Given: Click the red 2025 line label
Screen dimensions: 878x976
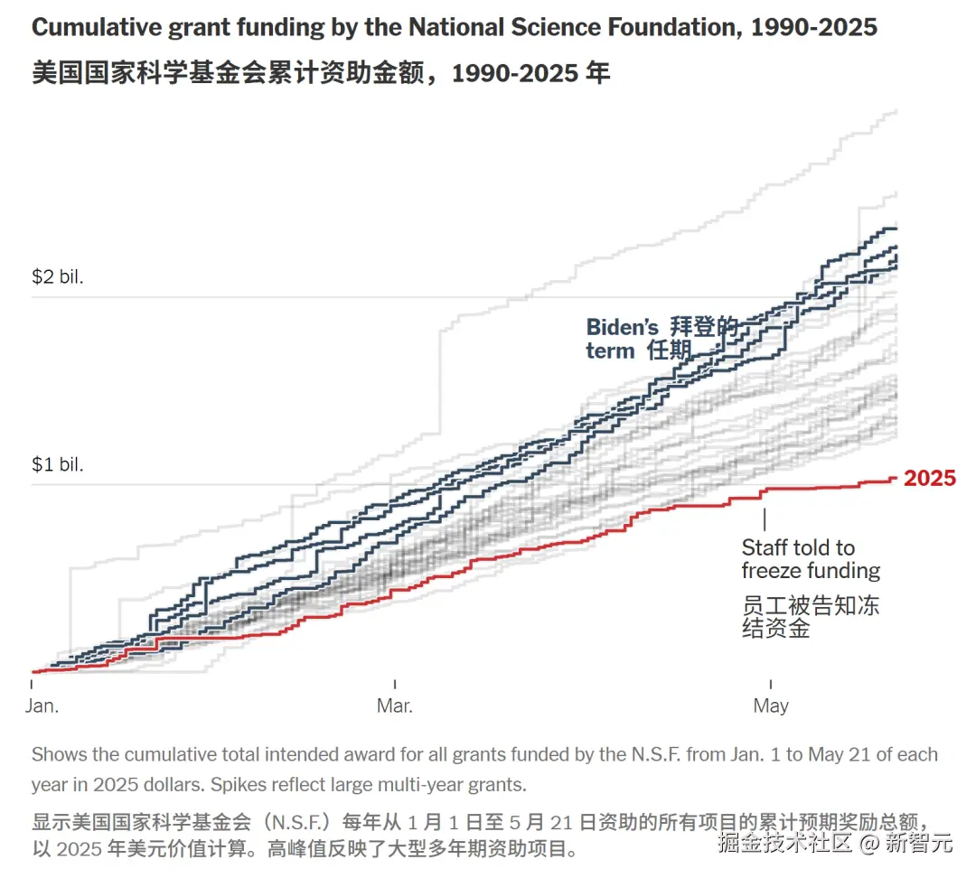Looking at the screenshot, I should [x=929, y=479].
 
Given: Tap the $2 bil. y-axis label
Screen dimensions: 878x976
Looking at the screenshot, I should [x=58, y=276].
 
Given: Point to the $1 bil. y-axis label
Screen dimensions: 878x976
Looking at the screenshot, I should [x=58, y=464].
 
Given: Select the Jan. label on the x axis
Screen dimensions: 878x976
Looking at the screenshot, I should [x=42, y=706].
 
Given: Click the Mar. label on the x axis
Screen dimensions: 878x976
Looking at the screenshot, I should [x=395, y=706].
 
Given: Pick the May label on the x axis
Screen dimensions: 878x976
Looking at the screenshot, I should [x=771, y=706].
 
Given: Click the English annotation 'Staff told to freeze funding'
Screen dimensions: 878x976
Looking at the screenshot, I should [x=810, y=559].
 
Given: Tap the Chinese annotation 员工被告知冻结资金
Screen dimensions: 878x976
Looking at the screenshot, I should [x=810, y=617].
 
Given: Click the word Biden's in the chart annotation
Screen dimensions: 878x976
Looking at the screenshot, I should [x=623, y=327].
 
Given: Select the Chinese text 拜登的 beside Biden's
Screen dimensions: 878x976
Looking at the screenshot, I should [x=704, y=327].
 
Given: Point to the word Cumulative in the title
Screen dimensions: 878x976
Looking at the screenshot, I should [x=95, y=27].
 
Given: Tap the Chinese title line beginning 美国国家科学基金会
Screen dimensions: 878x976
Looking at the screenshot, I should [x=321, y=72].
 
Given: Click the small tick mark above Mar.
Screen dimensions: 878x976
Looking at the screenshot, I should [x=395, y=685].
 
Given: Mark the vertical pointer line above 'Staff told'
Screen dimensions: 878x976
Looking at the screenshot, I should [x=765, y=519].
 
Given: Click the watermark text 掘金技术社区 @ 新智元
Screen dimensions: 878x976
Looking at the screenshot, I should [x=835, y=844].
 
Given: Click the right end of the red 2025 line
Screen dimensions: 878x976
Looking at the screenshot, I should [x=895, y=479].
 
